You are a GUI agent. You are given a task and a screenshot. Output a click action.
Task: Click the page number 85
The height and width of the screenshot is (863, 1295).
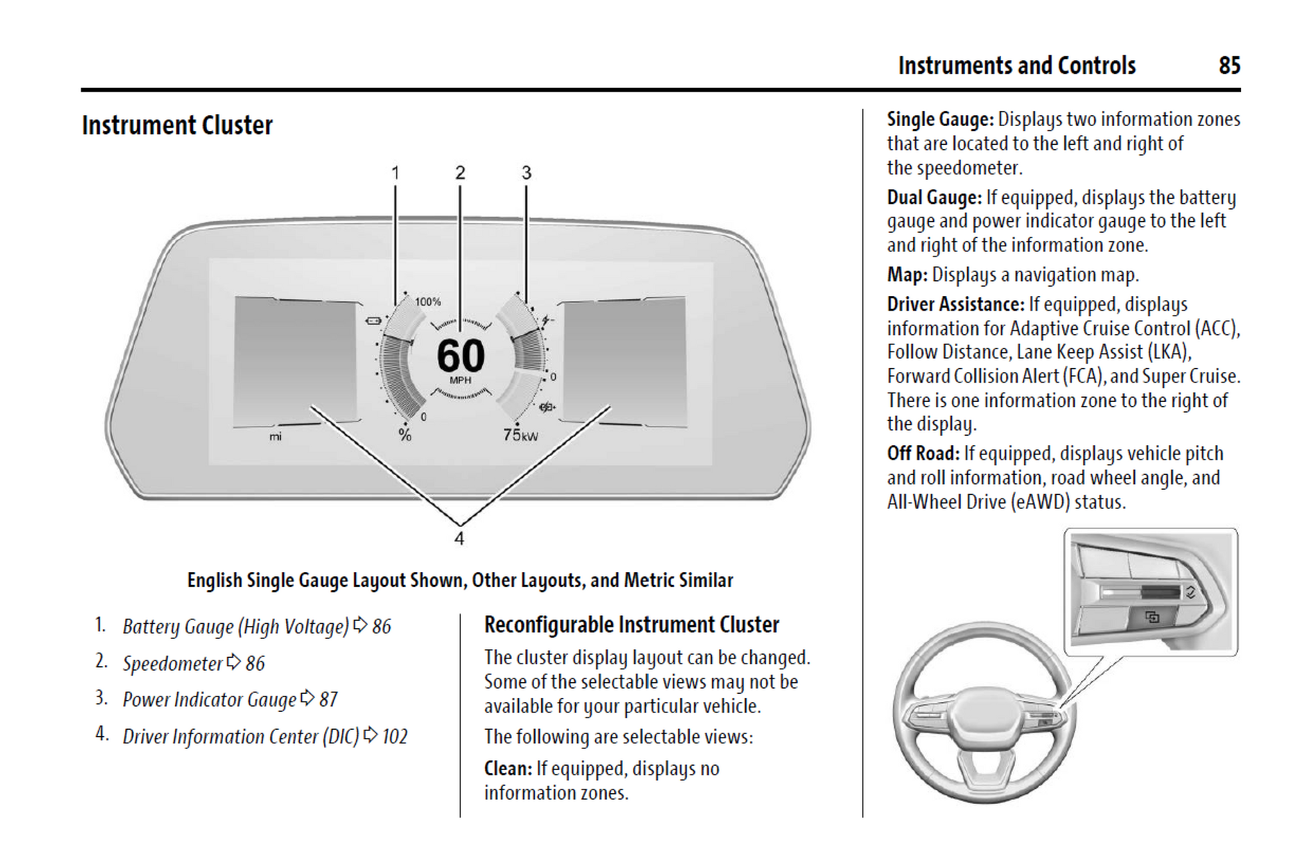click(x=1229, y=65)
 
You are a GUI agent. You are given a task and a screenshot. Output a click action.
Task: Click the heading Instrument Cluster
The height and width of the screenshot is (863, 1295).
click(x=177, y=125)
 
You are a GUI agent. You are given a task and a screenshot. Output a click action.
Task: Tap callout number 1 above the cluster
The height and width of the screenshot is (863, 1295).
click(x=395, y=173)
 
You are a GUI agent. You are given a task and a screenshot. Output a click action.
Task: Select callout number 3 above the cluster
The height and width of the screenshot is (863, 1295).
click(x=526, y=173)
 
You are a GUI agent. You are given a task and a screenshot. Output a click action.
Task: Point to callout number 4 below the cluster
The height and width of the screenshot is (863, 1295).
click(x=459, y=538)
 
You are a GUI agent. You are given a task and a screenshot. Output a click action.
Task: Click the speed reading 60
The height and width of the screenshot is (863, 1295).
click(x=461, y=356)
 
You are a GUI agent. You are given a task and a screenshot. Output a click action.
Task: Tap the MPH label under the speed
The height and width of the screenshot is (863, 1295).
click(x=461, y=381)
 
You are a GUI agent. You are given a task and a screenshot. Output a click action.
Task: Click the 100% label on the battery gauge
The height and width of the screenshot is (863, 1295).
click(x=428, y=302)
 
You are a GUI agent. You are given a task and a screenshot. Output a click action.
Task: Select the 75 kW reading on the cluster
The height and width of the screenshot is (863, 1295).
click(x=520, y=435)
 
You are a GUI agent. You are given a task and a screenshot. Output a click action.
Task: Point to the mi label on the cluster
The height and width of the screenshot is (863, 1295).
click(x=276, y=436)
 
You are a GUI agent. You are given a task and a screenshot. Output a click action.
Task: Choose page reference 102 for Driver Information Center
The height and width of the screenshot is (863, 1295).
click(x=395, y=737)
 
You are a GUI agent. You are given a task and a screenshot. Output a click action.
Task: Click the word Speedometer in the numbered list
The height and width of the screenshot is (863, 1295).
click(x=172, y=663)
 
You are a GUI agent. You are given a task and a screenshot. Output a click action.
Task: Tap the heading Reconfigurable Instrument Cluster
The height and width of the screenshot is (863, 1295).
click(x=631, y=625)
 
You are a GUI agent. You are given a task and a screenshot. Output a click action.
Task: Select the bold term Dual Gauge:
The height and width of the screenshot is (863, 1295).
click(x=934, y=198)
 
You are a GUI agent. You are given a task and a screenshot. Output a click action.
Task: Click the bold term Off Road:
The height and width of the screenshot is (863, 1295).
click(x=922, y=454)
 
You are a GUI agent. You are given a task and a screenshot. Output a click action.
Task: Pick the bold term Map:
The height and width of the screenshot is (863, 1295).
click(x=906, y=275)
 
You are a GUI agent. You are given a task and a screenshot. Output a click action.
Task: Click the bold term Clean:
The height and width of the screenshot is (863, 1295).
click(x=508, y=769)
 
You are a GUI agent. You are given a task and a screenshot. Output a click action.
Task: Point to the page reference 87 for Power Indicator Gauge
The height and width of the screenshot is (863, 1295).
click(x=329, y=699)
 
